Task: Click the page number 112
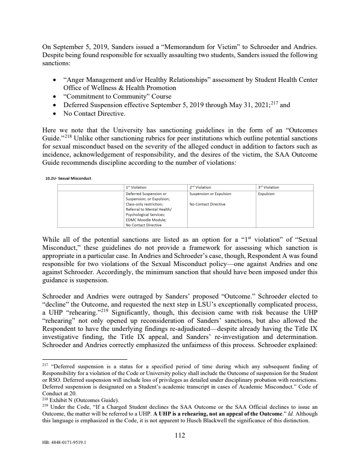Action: point(180,435)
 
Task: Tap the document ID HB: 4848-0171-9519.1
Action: point(63,442)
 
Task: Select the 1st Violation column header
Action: point(136,187)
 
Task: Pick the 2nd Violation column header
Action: point(200,187)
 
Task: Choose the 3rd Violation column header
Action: point(269,187)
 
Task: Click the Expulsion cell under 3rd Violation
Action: point(266,194)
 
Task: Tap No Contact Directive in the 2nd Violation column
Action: point(207,204)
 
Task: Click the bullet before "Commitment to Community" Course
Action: point(54,97)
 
